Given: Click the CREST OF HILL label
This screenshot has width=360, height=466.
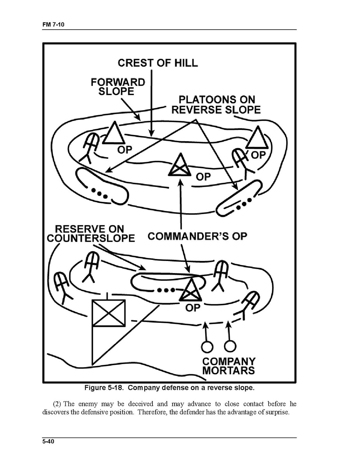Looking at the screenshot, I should click(x=157, y=62).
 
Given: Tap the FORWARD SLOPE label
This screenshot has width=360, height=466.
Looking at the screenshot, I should click(x=117, y=87).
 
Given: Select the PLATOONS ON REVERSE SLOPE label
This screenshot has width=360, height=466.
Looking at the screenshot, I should click(x=216, y=104).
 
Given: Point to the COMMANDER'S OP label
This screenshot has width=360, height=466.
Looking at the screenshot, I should click(x=197, y=236).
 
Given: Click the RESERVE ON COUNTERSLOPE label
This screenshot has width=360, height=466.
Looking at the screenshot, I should click(x=90, y=233).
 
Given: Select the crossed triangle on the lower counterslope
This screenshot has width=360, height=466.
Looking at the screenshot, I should click(x=191, y=290).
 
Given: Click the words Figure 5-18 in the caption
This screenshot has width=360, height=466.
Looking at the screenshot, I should click(x=104, y=388).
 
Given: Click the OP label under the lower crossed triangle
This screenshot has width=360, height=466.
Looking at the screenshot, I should click(x=193, y=308).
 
